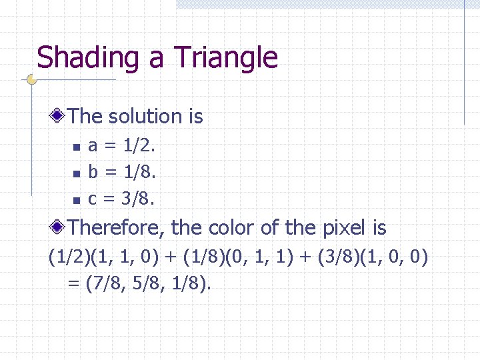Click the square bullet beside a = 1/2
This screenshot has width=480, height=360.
coord(77,147)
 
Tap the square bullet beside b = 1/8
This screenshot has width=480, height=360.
coord(77,173)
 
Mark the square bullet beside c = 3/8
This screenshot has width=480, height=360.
coord(77,199)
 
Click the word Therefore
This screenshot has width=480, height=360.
coord(116,228)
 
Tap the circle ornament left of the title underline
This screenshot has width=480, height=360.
coord(31,80)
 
